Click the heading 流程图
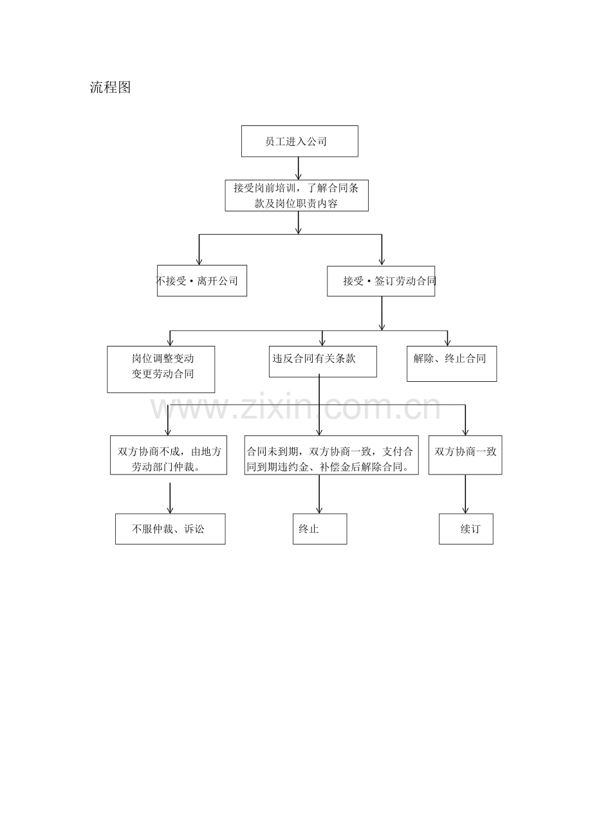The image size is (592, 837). tap(110, 87)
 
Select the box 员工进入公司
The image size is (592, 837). tap(300, 141)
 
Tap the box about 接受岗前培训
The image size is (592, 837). tap(297, 195)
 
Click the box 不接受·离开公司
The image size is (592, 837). tap(202, 281)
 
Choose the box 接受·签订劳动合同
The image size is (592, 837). tap(381, 281)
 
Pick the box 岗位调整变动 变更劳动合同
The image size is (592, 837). tap(161, 369)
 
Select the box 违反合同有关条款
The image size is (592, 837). tap(323, 361)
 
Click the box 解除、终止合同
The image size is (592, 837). tap(452, 364)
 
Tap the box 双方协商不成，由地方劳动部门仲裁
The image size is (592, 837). tap(169, 455)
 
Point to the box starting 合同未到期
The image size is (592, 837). tap(331, 455)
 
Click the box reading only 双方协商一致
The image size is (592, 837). tap(465, 455)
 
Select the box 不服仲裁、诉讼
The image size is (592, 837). tap(170, 528)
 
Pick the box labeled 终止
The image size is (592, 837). tap(320, 528)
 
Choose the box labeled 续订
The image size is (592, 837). tap(466, 528)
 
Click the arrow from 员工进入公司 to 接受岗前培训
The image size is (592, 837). tap(299, 168)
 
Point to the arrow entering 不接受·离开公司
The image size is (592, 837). tap(199, 249)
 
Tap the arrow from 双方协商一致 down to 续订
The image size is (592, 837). tap(465, 494)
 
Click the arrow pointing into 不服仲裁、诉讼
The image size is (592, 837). tap(170, 498)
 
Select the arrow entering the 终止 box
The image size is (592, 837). tap(319, 494)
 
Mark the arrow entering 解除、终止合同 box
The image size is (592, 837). tap(447, 338)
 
